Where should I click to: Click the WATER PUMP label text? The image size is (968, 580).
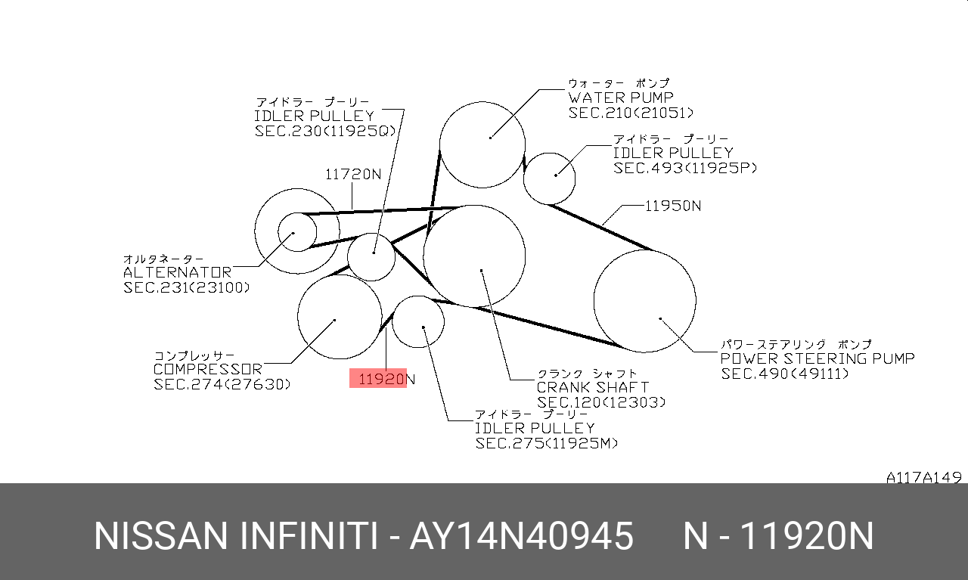point(621,98)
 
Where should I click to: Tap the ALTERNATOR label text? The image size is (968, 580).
point(178,272)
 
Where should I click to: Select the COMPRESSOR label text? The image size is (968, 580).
point(208,369)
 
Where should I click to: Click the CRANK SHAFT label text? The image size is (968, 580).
point(593,387)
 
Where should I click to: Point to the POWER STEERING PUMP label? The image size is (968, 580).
point(818,358)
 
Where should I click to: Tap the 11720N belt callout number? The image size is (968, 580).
point(353,174)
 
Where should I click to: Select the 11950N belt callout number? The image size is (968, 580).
point(673,206)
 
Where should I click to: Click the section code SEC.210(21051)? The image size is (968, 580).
point(631,113)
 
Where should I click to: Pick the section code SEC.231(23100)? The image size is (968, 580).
point(187,287)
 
